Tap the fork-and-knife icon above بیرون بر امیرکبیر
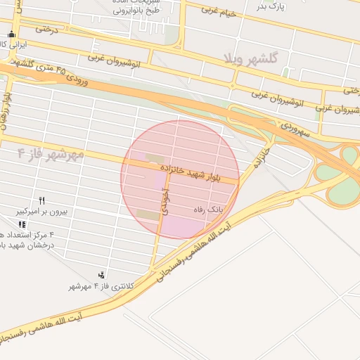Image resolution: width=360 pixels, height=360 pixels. (42, 200)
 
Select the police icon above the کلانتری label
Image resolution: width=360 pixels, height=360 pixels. (103, 275)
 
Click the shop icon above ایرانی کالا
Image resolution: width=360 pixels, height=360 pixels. (10, 34)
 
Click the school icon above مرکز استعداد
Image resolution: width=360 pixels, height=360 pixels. (22, 224)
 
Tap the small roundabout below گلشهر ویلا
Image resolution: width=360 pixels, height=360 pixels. (233, 86)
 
